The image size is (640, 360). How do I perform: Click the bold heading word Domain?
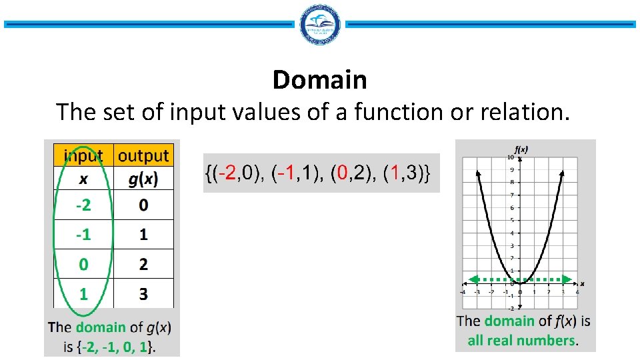(x=319, y=80)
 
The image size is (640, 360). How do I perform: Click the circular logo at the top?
(x=320, y=25)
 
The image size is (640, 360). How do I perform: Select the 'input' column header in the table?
(x=83, y=156)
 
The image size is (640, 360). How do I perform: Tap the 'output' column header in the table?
(x=143, y=156)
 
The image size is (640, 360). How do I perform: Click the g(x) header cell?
(x=143, y=179)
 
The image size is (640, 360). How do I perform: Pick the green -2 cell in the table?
(x=83, y=205)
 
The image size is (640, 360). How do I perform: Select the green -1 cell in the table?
(x=83, y=235)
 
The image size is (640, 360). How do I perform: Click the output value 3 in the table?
(x=143, y=293)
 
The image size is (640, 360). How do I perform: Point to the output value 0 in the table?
(x=143, y=205)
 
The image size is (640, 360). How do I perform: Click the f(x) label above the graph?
(x=521, y=149)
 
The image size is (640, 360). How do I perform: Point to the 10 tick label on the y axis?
(x=510, y=157)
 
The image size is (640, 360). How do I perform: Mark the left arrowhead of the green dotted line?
(x=469, y=279)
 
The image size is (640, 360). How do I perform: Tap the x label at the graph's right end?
(x=582, y=283)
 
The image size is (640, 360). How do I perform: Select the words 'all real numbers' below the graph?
(x=521, y=341)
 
